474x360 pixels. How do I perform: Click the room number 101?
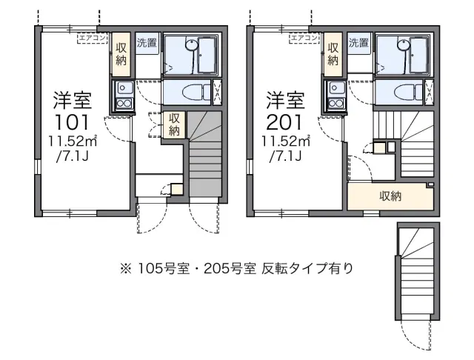(73, 122)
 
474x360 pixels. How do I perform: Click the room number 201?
(284, 122)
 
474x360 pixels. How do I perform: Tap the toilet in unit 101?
(196, 92)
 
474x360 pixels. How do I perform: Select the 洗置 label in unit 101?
(147, 43)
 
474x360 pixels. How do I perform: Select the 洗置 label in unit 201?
(358, 43)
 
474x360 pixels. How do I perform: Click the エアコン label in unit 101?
(92, 38)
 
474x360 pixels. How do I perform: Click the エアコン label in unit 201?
(304, 38)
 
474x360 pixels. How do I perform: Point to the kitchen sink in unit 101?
(123, 88)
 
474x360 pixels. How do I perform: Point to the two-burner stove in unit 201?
(335, 104)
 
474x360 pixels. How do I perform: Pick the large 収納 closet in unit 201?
(390, 196)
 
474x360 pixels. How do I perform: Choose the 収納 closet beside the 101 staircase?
(175, 124)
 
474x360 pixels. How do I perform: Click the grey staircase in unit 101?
(205, 154)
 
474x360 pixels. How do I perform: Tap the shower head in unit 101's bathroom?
(191, 45)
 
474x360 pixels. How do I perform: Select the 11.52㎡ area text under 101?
(73, 141)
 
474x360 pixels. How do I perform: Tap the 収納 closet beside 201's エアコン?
(333, 54)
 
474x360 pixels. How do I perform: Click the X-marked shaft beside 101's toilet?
(217, 92)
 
